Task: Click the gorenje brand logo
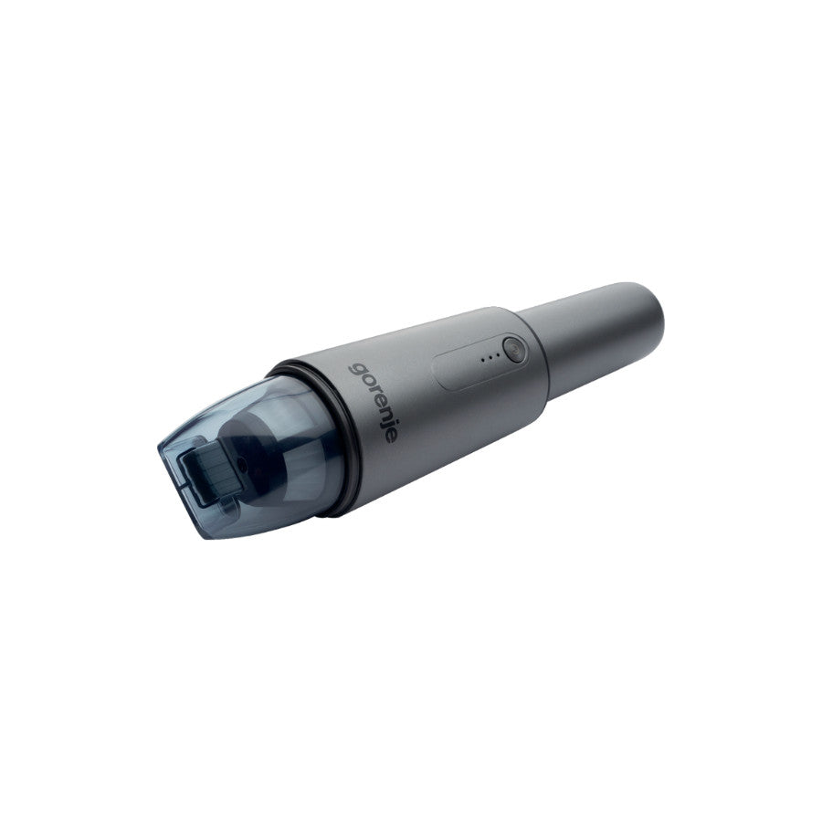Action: click(373, 402)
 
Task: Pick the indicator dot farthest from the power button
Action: click(482, 360)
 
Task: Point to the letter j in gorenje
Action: click(386, 426)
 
